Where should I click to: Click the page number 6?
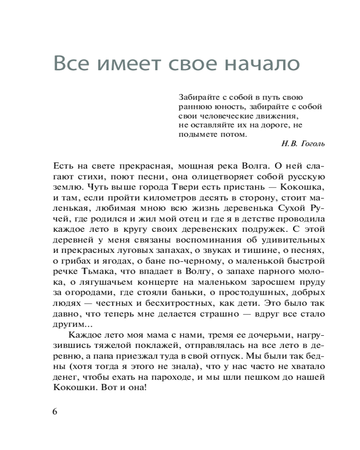click(55, 412)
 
